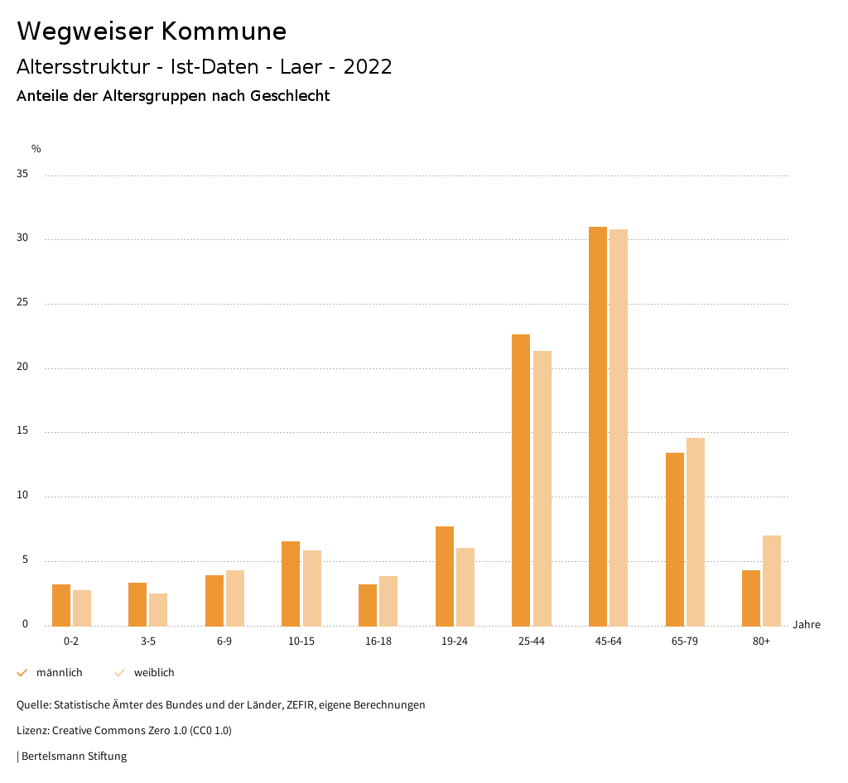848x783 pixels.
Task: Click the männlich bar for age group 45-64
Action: [597, 426]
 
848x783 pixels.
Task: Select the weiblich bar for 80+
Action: [772, 580]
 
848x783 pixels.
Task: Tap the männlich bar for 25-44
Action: [521, 480]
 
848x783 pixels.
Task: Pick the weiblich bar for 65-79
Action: [696, 531]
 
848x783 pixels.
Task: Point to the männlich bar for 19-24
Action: [444, 576]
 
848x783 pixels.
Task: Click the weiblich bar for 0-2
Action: [82, 608]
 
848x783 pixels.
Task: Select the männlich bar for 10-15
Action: [291, 584]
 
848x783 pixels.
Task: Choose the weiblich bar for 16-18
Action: [388, 601]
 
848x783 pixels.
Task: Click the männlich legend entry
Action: [58, 673]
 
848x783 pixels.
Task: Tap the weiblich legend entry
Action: [153, 673]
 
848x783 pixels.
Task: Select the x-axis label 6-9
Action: [224, 641]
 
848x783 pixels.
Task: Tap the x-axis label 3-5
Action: [148, 641]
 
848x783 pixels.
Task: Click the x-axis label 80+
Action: [762, 641]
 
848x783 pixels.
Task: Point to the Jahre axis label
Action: [806, 625]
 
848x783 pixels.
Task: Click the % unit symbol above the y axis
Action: [36, 149]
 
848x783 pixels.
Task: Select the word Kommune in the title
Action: [224, 31]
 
